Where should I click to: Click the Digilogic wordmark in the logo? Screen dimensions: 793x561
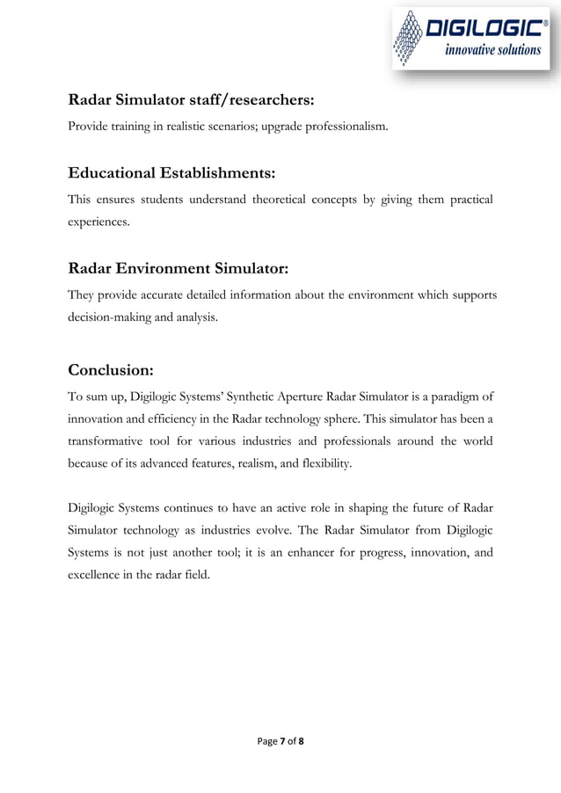click(483, 31)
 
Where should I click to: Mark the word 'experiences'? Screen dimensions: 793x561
click(98, 223)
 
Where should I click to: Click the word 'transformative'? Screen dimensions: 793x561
click(110, 439)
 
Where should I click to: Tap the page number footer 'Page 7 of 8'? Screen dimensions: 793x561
click(280, 742)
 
